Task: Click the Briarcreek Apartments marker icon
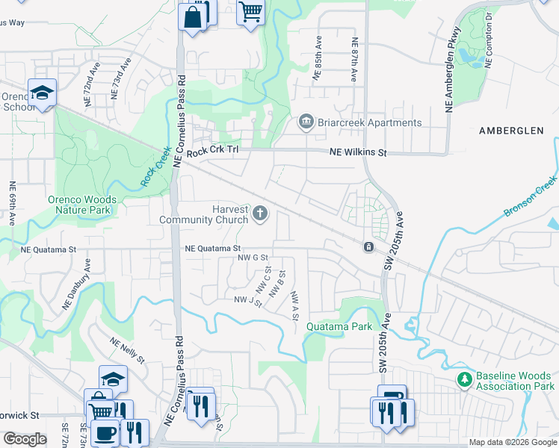pyautogui.click(x=306, y=122)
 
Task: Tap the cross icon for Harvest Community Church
pyautogui.click(x=260, y=214)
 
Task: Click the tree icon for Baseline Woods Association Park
pyautogui.click(x=465, y=380)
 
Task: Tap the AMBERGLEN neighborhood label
pyautogui.click(x=511, y=131)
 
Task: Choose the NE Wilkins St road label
pyautogui.click(x=359, y=153)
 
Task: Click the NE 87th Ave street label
pyautogui.click(x=353, y=60)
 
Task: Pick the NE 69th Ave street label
pyautogui.click(x=13, y=204)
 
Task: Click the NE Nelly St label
pyautogui.click(x=128, y=351)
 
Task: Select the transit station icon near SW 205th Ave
pyautogui.click(x=368, y=246)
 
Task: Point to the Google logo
pyautogui.click(x=25, y=439)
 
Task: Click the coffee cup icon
pyautogui.click(x=105, y=432)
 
